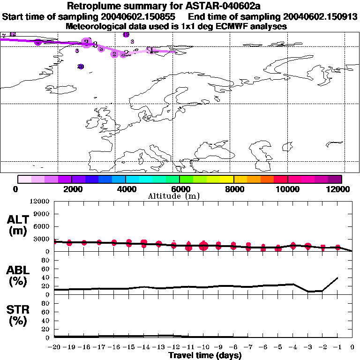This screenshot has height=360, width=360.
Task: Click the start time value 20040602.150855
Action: [145, 17]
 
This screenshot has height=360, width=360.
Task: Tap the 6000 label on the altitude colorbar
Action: [180, 189]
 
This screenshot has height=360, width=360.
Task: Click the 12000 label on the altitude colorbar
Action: [339, 189]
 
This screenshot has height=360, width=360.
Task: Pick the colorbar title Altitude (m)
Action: [174, 196]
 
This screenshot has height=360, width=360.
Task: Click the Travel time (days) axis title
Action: [205, 355]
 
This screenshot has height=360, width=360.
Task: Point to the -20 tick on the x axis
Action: [54, 348]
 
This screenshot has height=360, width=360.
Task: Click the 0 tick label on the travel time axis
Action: [352, 348]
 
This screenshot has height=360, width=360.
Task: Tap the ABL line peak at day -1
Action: [337, 277]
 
